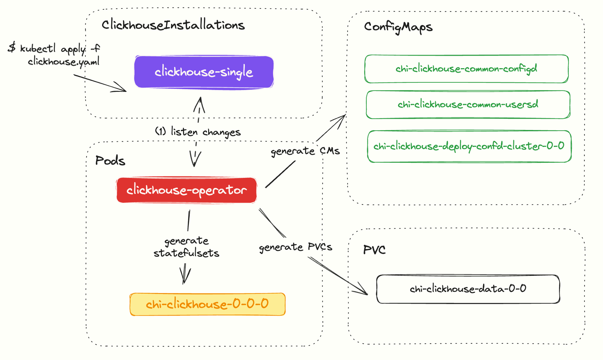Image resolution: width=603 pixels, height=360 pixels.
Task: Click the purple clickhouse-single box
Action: click(204, 72)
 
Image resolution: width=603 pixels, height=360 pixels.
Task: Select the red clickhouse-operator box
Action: click(187, 190)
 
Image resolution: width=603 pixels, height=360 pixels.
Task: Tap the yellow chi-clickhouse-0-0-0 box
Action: click(207, 304)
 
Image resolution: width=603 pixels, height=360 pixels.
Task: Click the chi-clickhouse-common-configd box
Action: click(466, 69)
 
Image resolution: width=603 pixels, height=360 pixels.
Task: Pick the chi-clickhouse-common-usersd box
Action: click(468, 105)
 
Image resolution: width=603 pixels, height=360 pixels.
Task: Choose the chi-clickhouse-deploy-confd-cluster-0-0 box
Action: click(469, 146)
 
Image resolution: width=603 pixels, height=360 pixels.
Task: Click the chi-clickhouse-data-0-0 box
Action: click(468, 289)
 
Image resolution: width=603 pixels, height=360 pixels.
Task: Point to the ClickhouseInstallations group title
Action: click(173, 25)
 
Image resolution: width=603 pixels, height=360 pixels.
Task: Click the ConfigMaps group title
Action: click(398, 27)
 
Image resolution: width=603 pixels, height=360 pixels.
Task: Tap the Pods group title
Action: click(110, 161)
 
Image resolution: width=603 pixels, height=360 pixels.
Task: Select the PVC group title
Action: click(374, 250)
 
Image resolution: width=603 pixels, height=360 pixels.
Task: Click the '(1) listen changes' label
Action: click(198, 132)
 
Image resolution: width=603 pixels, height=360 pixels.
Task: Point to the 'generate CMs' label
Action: click(305, 151)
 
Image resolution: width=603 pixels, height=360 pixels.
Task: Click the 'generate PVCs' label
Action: click(295, 247)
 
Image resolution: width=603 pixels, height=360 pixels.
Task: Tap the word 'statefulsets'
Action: click(186, 253)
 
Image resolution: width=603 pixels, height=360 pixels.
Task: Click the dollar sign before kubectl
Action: click(12, 47)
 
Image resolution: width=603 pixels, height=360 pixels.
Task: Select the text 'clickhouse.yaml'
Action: click(64, 61)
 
